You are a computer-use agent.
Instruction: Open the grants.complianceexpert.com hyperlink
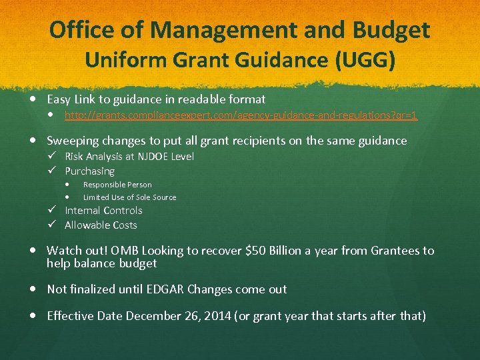[241, 115]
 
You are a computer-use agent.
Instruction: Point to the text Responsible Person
[117, 185]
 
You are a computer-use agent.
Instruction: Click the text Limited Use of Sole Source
[129, 197]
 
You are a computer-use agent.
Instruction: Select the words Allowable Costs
[101, 225]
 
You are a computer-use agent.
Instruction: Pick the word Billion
[289, 251]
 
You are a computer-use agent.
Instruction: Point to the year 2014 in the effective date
[217, 315]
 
